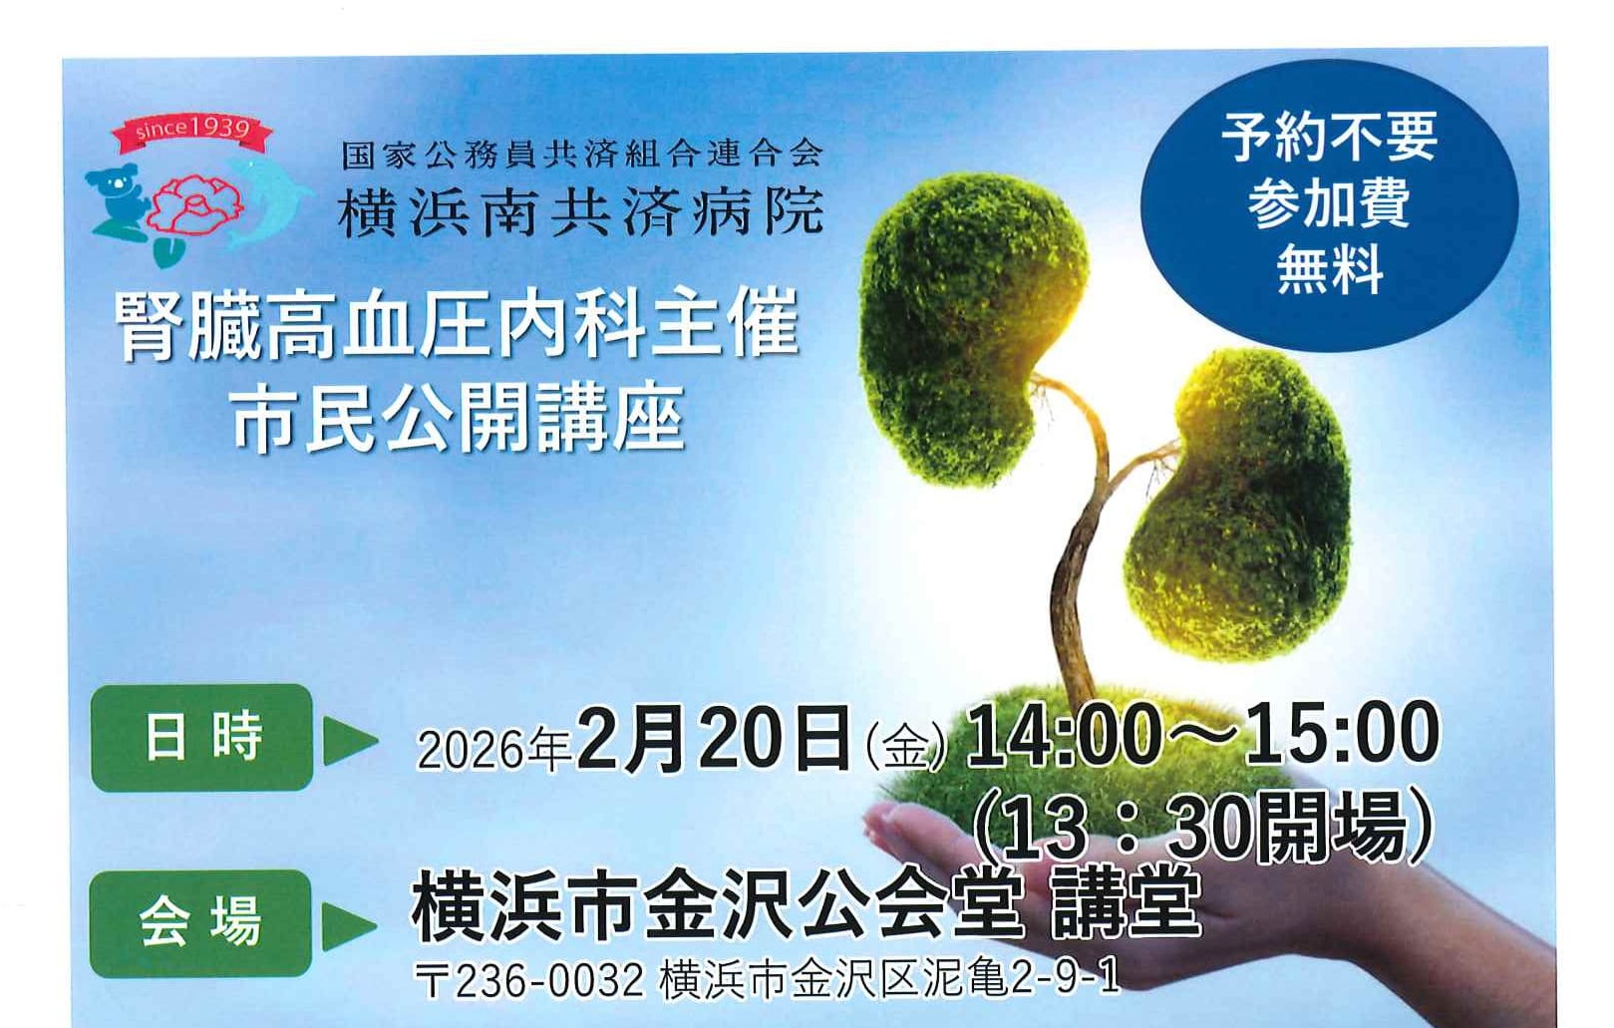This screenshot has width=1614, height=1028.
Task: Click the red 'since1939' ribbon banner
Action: (x=191, y=131)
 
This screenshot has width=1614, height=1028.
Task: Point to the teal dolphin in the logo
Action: (x=265, y=201)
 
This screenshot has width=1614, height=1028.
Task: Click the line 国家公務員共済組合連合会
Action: (x=581, y=154)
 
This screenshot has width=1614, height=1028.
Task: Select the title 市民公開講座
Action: (x=458, y=418)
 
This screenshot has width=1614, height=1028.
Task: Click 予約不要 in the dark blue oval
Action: (x=1330, y=137)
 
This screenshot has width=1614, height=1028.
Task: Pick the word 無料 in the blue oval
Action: (x=1330, y=268)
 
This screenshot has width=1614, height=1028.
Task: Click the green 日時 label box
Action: (x=201, y=737)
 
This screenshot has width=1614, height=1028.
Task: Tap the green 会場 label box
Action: (x=201, y=923)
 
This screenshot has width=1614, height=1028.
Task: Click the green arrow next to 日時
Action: (x=349, y=740)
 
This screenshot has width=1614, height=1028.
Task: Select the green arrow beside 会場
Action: (x=348, y=925)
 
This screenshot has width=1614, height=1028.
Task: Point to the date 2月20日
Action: (x=714, y=740)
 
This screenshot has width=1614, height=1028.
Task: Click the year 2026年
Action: (x=494, y=750)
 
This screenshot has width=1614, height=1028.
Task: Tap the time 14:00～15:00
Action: (x=1202, y=734)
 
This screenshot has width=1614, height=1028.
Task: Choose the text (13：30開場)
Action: (x=1202, y=828)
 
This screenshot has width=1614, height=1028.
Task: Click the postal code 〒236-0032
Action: (x=529, y=980)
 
